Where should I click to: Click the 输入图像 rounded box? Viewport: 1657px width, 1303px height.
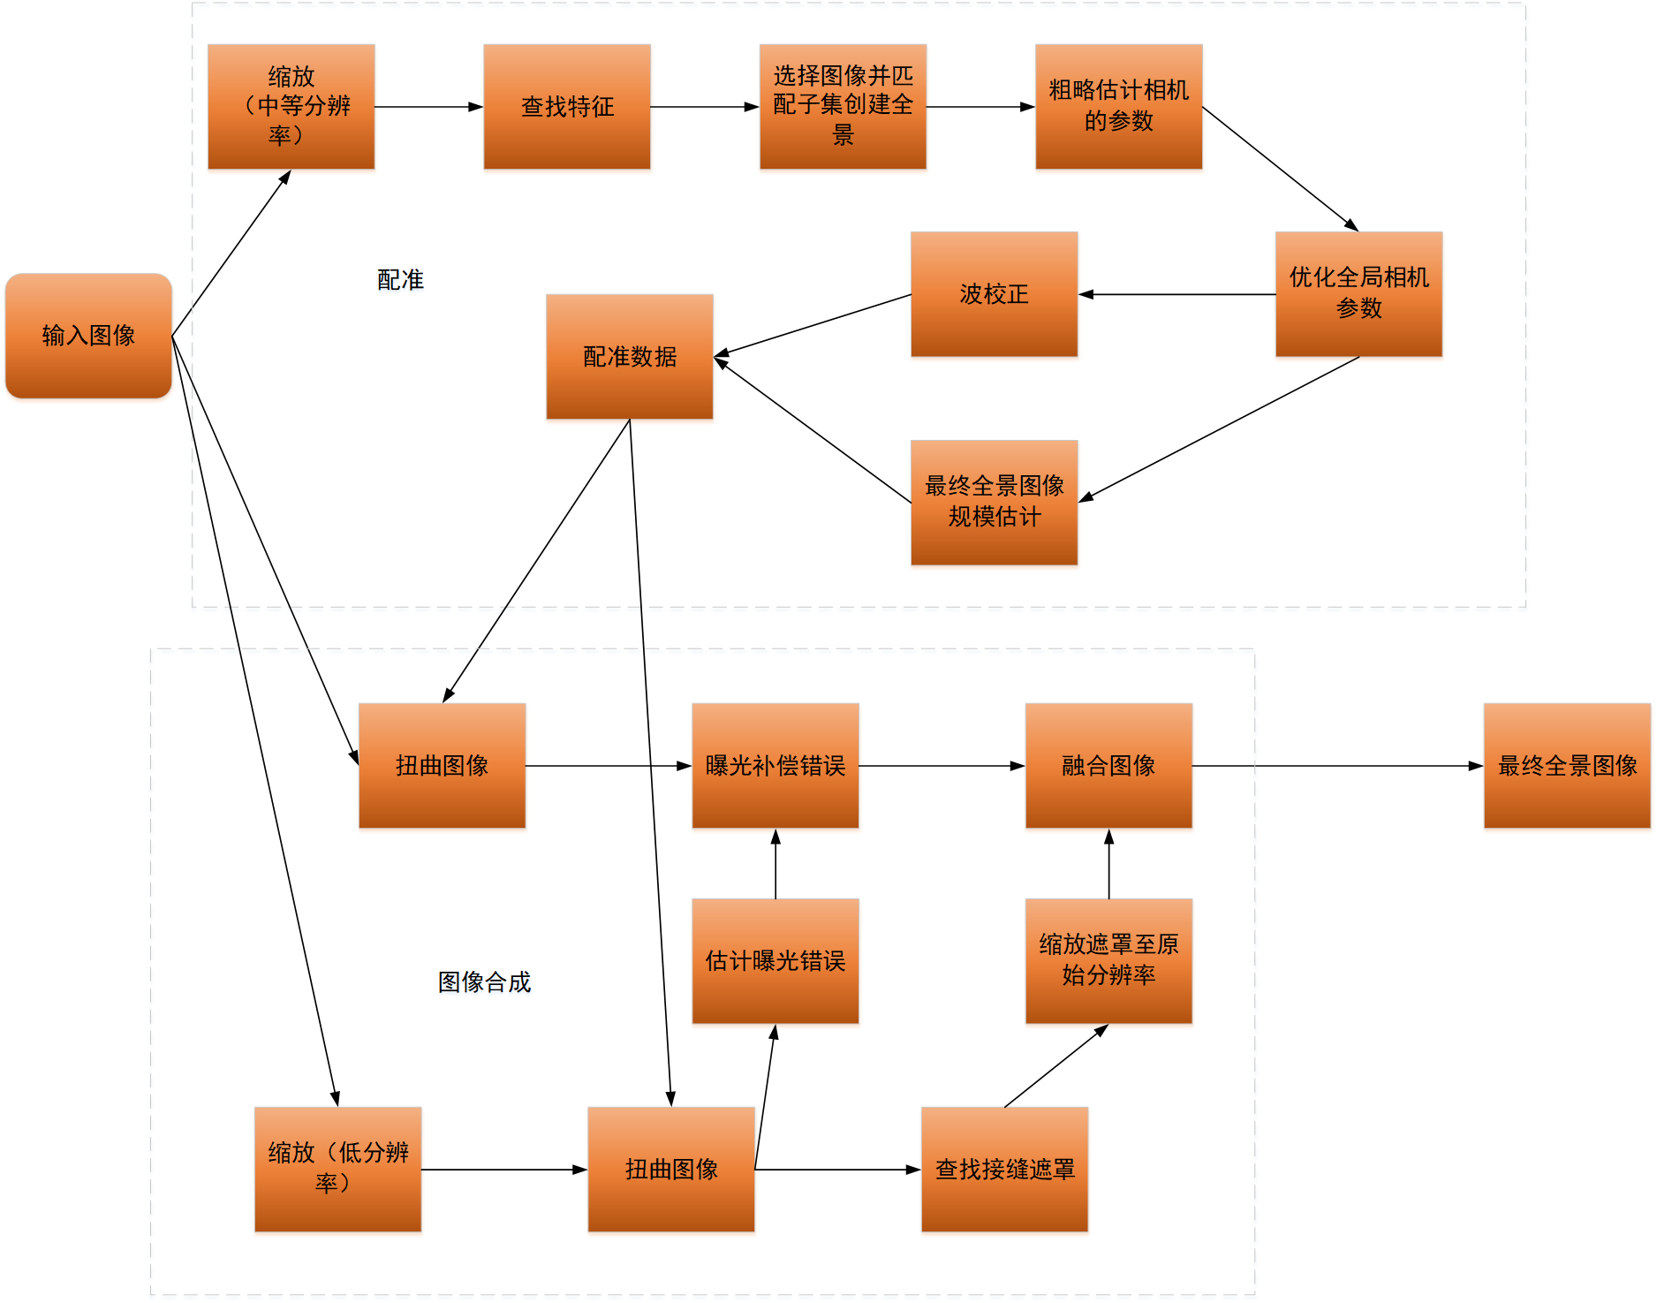88,336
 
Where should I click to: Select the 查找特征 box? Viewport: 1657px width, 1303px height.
567,107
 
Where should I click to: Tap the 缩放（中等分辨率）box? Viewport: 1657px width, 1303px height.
291,107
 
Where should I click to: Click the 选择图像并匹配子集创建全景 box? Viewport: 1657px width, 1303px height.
843,107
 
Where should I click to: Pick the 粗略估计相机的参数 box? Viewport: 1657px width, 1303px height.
1118,107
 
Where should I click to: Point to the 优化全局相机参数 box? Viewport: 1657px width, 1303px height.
1358,294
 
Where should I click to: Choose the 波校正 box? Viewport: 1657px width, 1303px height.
994,294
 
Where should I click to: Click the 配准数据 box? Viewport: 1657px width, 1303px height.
630,357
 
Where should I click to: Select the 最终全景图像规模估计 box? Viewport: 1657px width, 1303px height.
994,502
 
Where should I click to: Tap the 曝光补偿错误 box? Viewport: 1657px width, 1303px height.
775,766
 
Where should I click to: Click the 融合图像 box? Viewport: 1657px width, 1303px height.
1108,766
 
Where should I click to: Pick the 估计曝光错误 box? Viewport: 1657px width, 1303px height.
775,961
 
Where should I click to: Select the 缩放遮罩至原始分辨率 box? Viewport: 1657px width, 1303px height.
1108,961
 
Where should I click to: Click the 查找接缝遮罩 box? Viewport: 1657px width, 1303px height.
1004,1170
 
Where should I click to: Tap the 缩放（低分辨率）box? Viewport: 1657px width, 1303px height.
337,1170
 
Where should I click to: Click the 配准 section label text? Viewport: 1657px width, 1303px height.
400,280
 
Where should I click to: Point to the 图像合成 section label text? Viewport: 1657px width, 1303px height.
484,982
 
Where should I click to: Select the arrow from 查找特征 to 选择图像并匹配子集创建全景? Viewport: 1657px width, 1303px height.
705,107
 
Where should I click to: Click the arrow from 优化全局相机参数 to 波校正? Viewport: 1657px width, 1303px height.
1177,294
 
